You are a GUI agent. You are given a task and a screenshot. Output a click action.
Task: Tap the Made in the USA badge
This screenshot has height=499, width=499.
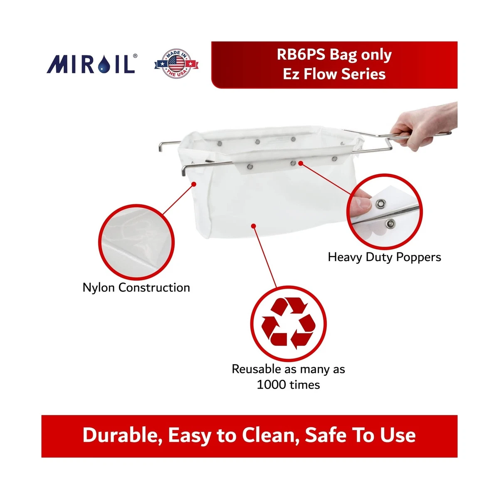click(176, 64)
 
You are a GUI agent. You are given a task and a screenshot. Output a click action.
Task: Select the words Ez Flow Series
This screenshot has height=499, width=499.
click(334, 74)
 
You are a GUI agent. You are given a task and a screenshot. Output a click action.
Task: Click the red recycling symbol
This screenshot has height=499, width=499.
click(288, 323)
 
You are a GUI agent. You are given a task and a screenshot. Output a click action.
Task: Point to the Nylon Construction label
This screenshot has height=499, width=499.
click(136, 287)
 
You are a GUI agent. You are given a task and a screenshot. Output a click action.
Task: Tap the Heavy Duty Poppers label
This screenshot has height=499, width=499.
click(384, 257)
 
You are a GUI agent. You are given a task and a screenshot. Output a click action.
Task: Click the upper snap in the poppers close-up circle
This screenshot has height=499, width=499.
click(380, 204)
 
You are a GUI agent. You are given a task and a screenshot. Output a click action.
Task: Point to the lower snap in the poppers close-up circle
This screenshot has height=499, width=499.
click(390, 224)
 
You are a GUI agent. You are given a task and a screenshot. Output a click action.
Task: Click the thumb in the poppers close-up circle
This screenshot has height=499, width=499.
click(361, 201)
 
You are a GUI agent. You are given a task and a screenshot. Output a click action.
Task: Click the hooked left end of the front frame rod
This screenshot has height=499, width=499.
click(183, 170)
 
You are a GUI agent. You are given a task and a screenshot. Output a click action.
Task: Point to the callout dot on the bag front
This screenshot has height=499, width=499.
click(253, 226)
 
